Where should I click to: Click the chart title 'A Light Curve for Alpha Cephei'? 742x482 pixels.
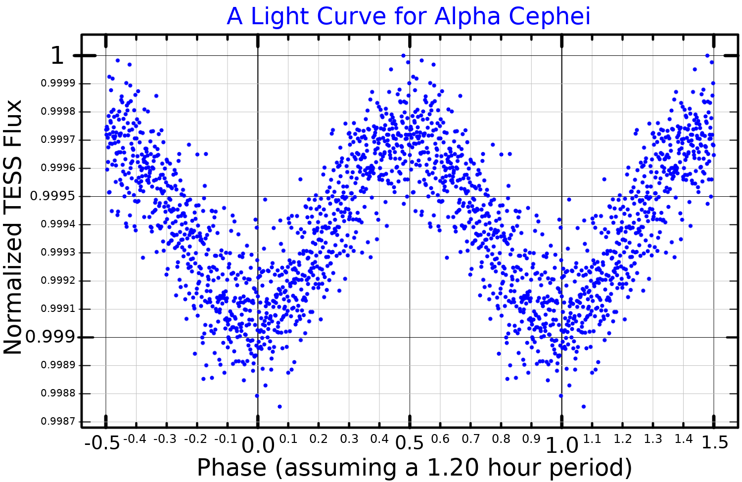click(x=409, y=16)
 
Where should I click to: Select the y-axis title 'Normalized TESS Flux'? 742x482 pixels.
click(x=13, y=227)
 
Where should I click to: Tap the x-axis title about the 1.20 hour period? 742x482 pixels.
click(x=415, y=468)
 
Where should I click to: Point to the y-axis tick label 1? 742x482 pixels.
click(x=57, y=55)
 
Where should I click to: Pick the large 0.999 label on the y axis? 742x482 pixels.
click(x=50, y=337)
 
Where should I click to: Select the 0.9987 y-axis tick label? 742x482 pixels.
click(x=58, y=422)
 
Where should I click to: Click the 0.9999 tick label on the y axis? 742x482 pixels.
click(x=58, y=84)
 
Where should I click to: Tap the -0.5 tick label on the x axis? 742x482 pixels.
click(x=102, y=443)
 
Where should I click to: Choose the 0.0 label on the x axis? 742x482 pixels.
click(x=258, y=446)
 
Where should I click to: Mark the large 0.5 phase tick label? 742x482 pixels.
click(x=410, y=443)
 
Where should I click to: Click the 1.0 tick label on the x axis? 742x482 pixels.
click(x=561, y=446)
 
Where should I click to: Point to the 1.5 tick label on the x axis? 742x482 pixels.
click(x=715, y=442)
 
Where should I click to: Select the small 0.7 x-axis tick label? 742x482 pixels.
click(x=470, y=439)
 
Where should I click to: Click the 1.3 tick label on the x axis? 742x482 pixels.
click(x=653, y=439)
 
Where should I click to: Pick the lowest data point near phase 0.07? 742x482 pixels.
click(x=279, y=406)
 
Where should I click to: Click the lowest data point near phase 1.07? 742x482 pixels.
click(x=584, y=406)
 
